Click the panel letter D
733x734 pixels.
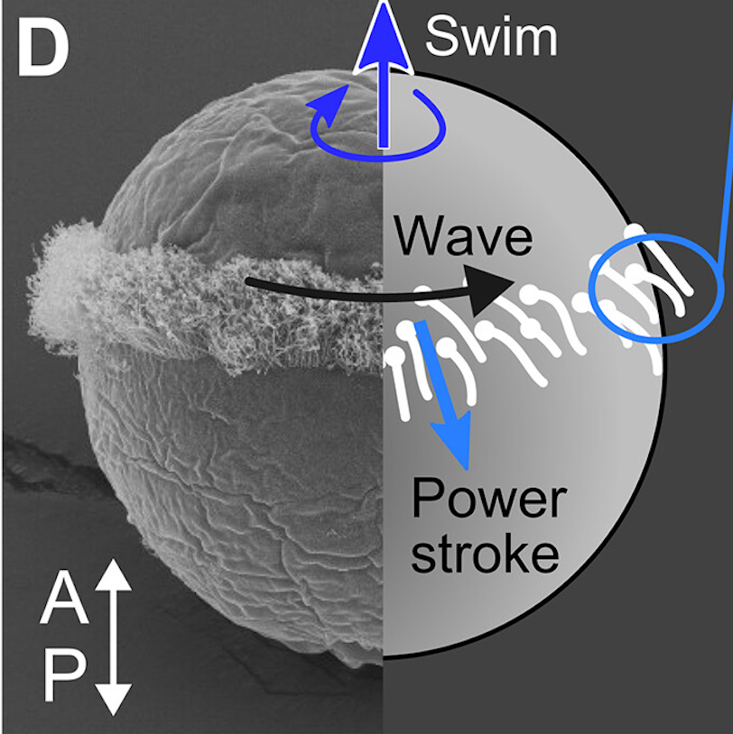click(43, 48)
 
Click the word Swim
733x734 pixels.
click(491, 36)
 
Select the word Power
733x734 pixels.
click(489, 498)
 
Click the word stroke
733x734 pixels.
click(485, 554)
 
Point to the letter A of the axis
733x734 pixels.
click(64, 599)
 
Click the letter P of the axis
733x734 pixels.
click(65, 675)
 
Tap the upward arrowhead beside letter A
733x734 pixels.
click(113, 574)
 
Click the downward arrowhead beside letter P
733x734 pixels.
click(114, 699)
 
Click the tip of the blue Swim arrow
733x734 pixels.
click(384, 3)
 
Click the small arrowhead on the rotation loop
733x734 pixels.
click(328, 106)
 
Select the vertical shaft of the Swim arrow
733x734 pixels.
click(384, 107)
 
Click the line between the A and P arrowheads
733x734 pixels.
click(114, 638)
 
